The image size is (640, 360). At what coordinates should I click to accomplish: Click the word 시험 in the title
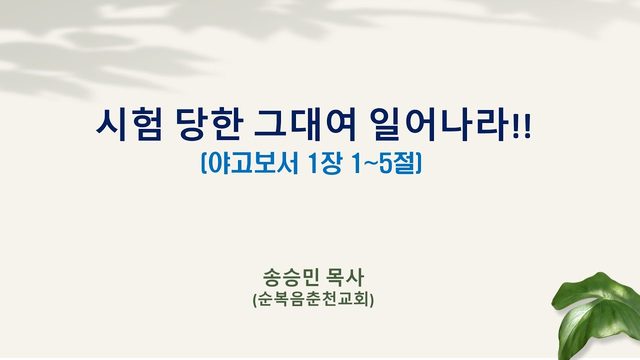tap(129, 125)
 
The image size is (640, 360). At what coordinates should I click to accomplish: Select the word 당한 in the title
tap(210, 125)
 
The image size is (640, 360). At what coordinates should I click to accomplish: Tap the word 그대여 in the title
tap(305, 125)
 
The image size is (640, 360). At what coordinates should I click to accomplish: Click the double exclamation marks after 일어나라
tap(522, 127)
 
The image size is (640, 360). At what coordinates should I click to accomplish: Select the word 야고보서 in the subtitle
tap(253, 163)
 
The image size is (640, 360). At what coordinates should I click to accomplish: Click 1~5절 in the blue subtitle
tap(383, 163)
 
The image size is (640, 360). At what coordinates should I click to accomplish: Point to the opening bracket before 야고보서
tap(204, 164)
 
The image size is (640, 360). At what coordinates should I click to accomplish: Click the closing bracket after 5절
tap(418, 164)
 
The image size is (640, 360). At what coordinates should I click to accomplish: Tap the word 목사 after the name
tap(345, 278)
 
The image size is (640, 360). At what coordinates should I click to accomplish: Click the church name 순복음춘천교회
tap(313, 300)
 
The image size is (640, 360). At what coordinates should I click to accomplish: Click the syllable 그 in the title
tap(271, 125)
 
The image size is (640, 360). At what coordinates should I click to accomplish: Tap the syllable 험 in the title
tap(146, 125)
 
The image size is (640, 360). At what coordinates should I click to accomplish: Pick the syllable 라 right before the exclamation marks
tap(495, 125)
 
